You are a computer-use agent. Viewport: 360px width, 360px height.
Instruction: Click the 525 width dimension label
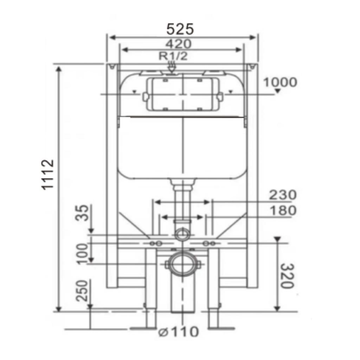pos(180,29)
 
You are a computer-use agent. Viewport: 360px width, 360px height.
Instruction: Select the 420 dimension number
pos(178,44)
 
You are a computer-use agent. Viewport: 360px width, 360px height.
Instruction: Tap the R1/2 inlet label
pos(173,56)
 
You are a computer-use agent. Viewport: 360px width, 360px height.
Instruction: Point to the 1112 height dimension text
pos(47,175)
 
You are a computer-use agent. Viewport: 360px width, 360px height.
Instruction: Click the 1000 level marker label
pos(280,82)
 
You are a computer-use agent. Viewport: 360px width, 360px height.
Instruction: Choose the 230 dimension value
pos(283,195)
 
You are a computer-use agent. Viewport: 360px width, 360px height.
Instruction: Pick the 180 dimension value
pos(283,211)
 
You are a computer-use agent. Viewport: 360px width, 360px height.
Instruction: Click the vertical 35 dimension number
pos(82,213)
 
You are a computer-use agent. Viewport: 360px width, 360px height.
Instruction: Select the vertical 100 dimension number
pos(82,254)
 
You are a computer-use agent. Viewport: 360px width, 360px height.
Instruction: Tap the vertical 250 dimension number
pos(82,291)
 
